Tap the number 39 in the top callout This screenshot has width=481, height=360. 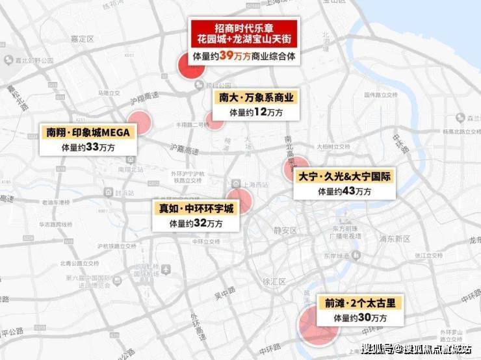coord(226,57)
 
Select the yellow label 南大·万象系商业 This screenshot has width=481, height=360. coord(256,98)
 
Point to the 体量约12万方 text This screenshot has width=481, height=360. coord(256,112)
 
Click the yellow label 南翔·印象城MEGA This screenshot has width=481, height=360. coord(88,132)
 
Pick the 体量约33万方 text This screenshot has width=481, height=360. coord(88,148)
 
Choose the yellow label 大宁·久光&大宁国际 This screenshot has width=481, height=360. coord(344,176)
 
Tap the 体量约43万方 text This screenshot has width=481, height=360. coord(344,192)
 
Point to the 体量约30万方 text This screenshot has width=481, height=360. coord(360,318)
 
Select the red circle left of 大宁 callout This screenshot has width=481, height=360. coord(294,168)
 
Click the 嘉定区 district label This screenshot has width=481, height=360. coord(82,39)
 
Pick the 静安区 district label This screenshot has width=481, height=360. coord(285,230)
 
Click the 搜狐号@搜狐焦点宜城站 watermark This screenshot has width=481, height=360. coord(416,349)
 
